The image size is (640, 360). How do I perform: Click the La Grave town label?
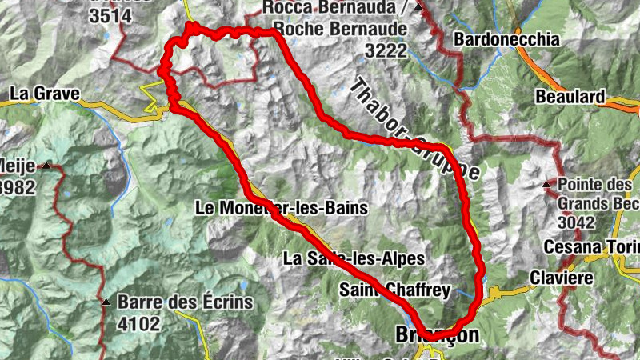(44, 94)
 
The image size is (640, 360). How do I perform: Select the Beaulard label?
(571, 96)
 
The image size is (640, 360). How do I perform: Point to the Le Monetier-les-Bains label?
(281, 208)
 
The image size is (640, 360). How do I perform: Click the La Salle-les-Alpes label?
(353, 258)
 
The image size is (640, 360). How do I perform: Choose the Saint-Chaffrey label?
(395, 290)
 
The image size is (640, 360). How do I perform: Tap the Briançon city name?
(438, 334)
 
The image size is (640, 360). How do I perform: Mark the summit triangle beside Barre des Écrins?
(106, 302)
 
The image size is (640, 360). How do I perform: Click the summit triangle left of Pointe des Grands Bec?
(546, 185)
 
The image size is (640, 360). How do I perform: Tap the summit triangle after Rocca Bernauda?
(418, 7)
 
